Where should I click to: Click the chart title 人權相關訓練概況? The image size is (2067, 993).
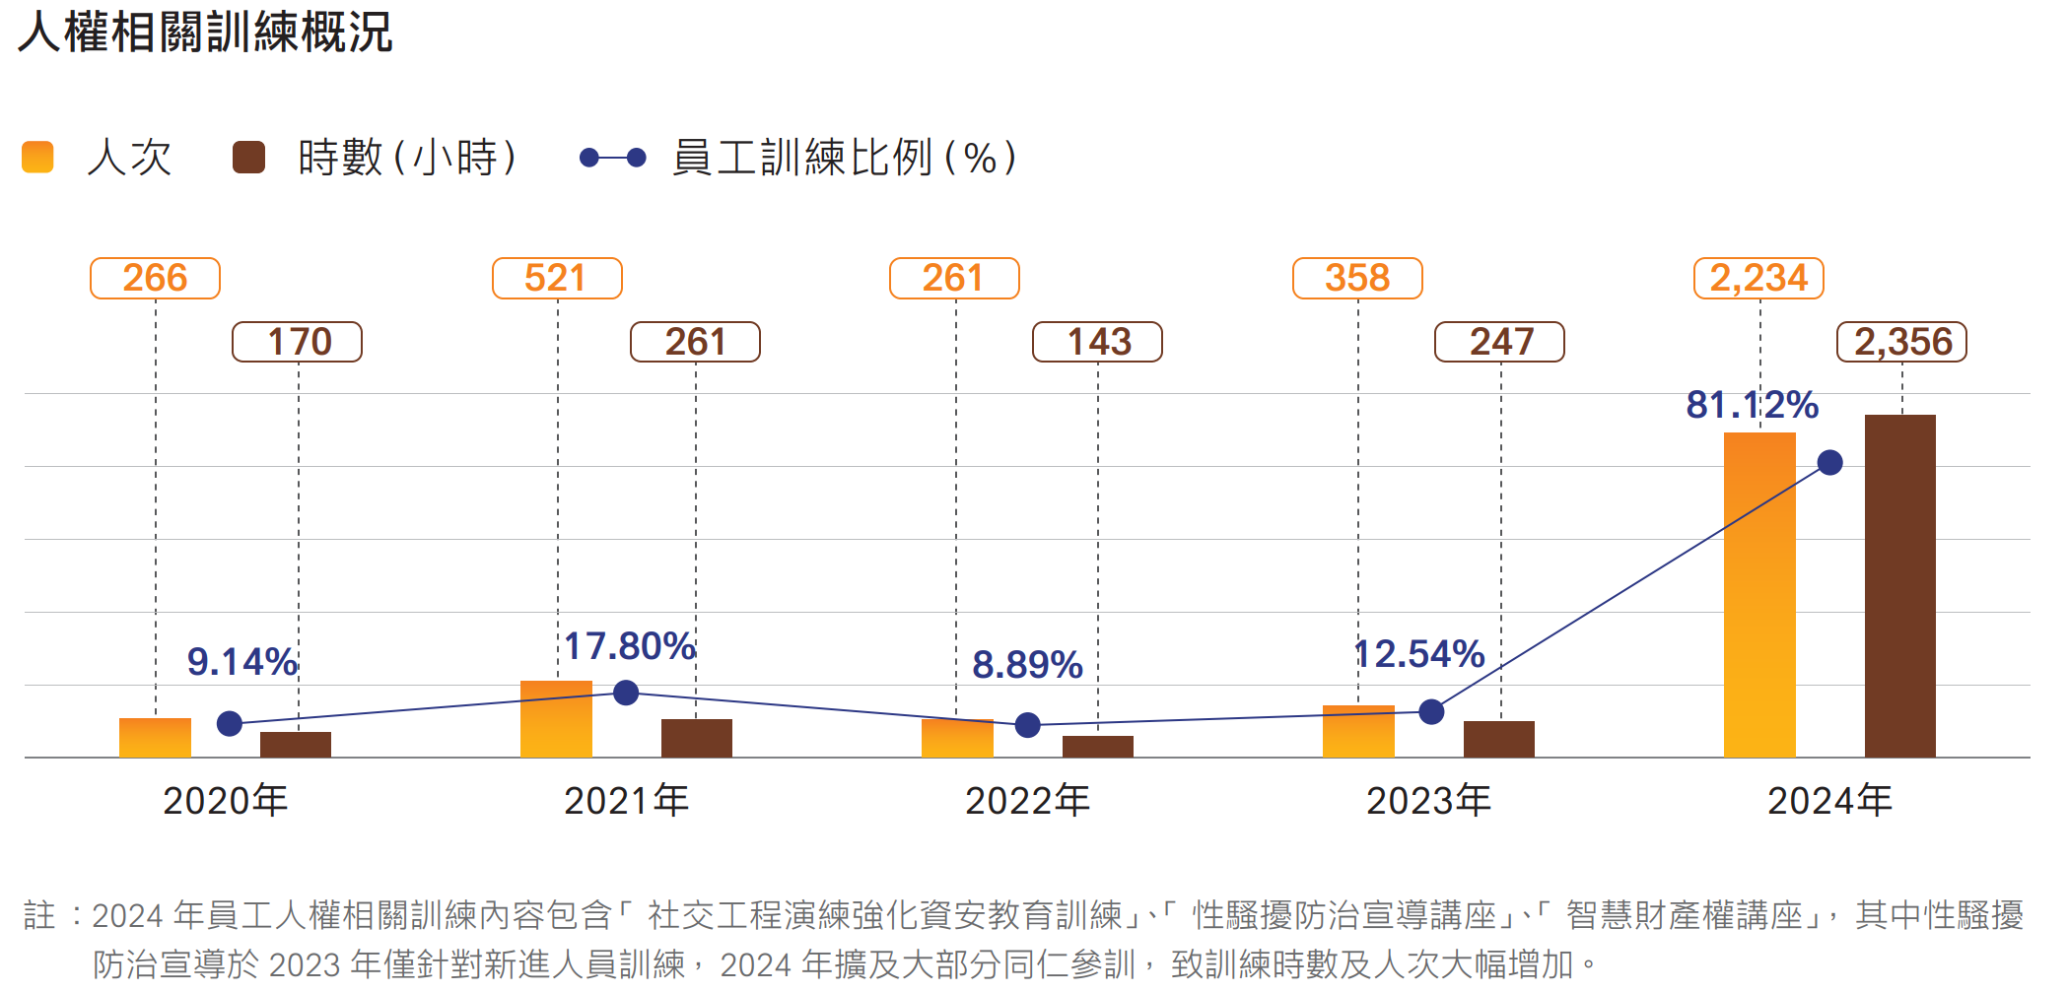pyautogui.click(x=205, y=33)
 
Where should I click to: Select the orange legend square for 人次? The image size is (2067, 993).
pyautogui.click(x=37, y=158)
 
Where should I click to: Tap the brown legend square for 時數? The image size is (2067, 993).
pyautogui.click(x=248, y=158)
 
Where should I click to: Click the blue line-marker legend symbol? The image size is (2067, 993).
pyautogui.click(x=612, y=158)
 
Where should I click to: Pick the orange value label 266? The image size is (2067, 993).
pyautogui.click(x=155, y=278)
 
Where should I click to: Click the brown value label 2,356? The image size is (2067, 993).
pyautogui.click(x=1901, y=342)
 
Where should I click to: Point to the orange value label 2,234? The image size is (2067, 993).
pyautogui.click(x=1758, y=278)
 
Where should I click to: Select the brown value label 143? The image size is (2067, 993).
pyautogui.click(x=1097, y=342)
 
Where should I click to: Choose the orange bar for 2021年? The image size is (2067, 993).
pyautogui.click(x=556, y=719)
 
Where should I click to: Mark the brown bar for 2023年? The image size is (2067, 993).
pyautogui.click(x=1499, y=739)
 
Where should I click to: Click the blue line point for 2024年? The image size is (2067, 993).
pyautogui.click(x=1830, y=462)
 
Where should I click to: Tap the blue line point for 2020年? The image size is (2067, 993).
pyautogui.click(x=230, y=724)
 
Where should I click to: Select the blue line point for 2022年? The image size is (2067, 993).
pyautogui.click(x=1028, y=725)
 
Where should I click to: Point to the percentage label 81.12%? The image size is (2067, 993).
pyautogui.click(x=1752, y=405)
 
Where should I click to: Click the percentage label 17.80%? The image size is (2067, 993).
pyautogui.click(x=630, y=646)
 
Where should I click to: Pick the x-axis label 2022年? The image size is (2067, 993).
pyautogui.click(x=1027, y=801)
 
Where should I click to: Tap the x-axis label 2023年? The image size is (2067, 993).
pyautogui.click(x=1428, y=801)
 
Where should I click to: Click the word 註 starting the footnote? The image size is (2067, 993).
pyautogui.click(x=39, y=915)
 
